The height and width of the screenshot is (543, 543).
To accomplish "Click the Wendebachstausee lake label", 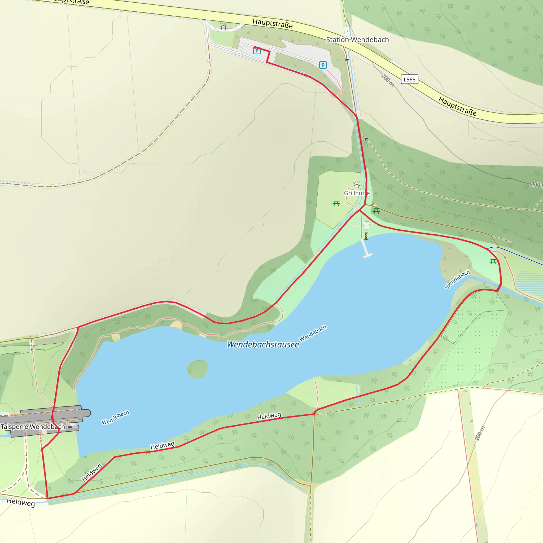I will [x=263, y=344].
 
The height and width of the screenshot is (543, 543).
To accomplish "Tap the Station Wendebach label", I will [x=357, y=40].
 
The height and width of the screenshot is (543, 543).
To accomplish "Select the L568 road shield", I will [x=409, y=79].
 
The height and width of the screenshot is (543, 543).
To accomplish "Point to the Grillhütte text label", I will [x=356, y=193].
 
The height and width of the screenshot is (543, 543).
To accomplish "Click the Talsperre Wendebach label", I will [x=33, y=427].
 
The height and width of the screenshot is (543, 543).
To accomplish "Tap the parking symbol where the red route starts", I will [x=257, y=51].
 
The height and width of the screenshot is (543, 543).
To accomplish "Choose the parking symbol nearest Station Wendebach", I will [x=323, y=65].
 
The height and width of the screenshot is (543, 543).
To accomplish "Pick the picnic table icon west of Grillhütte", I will [x=336, y=203].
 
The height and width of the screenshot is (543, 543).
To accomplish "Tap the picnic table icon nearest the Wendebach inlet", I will [x=493, y=262].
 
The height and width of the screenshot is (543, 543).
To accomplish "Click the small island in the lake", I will [x=198, y=369].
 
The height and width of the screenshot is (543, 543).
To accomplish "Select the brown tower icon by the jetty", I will [x=366, y=236].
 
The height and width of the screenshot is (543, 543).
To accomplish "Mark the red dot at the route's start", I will [x=255, y=47].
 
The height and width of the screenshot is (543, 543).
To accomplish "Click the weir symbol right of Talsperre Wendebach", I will [x=70, y=427].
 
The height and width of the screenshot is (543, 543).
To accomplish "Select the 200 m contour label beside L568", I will [x=388, y=80].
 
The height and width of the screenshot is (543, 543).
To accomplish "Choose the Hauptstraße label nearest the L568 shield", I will [x=457, y=106].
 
